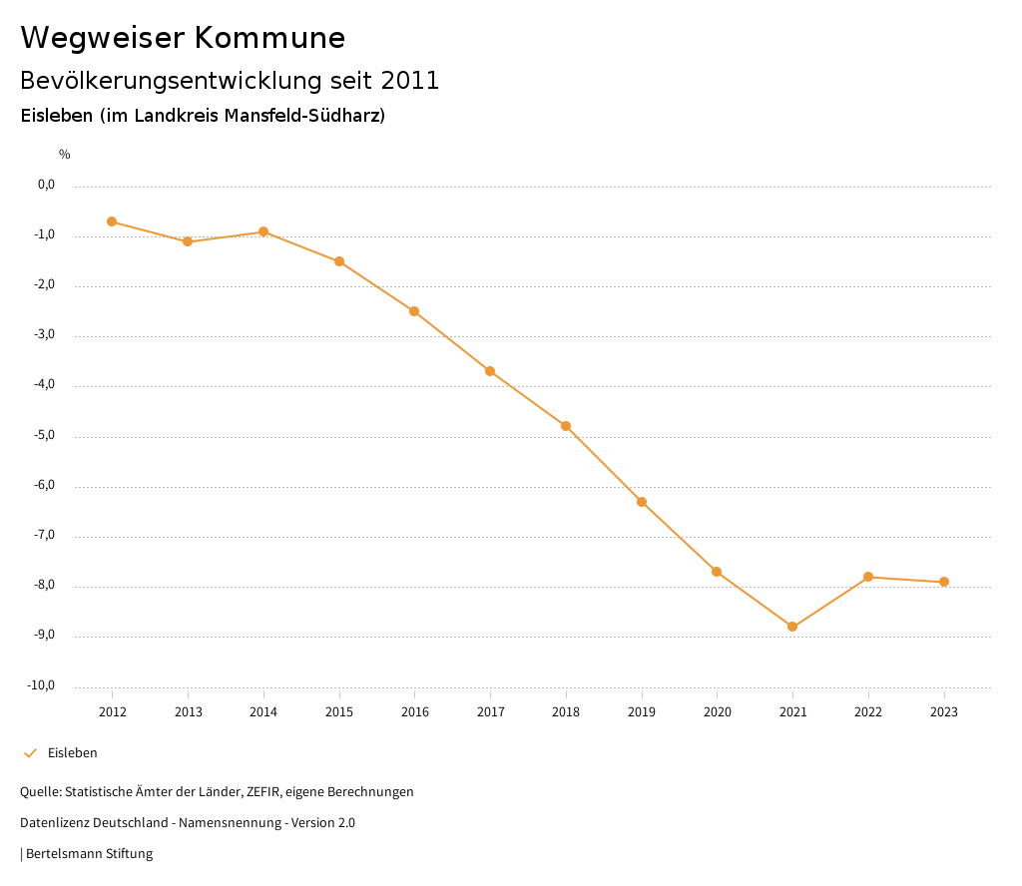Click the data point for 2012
click(112, 221)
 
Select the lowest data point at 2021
click(792, 627)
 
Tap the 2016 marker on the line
click(414, 311)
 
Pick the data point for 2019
click(642, 502)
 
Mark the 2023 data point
click(944, 582)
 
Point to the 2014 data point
click(263, 231)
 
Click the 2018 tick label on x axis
click(566, 712)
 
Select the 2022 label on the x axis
click(868, 712)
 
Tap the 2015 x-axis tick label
click(339, 712)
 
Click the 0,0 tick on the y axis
click(47, 185)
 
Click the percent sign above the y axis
click(65, 155)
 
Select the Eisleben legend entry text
click(73, 753)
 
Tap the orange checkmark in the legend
click(30, 753)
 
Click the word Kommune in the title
click(269, 38)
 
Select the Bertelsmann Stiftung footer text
click(89, 854)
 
